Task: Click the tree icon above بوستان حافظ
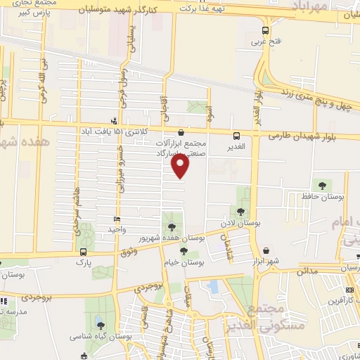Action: click(x=322, y=186)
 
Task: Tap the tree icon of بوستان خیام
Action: click(x=184, y=251)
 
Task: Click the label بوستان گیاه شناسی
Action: click(x=101, y=337)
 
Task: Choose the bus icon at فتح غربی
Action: click(x=265, y=31)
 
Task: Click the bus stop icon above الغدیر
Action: click(x=236, y=135)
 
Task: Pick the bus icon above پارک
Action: click(x=84, y=252)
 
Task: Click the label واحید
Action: click(x=116, y=230)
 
